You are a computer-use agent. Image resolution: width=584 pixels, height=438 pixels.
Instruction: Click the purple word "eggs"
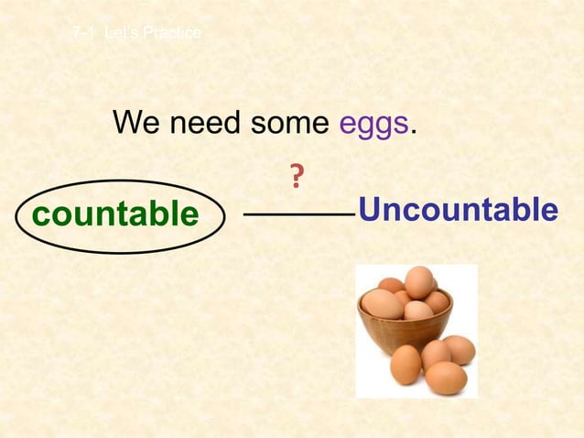coord(373,126)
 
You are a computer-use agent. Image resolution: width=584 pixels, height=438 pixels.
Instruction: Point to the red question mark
coord(297,175)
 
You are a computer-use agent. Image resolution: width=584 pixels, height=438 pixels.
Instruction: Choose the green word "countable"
coord(115,214)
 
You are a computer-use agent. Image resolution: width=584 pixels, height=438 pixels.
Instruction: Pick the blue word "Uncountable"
coord(458,210)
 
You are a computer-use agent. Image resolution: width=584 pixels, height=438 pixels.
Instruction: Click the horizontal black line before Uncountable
coord(299,216)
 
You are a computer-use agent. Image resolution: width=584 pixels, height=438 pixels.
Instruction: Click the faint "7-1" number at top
coord(84,34)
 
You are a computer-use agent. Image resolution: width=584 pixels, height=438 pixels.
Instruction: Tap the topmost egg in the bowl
coord(420,280)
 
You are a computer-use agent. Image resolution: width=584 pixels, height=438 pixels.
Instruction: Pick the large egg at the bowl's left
coord(382,302)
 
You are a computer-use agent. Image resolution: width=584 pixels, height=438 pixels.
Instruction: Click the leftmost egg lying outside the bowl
coord(406,364)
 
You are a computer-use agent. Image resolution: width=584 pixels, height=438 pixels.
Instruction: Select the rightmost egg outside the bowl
coord(459,349)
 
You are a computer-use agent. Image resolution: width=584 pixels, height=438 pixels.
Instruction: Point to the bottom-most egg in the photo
coord(445,378)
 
